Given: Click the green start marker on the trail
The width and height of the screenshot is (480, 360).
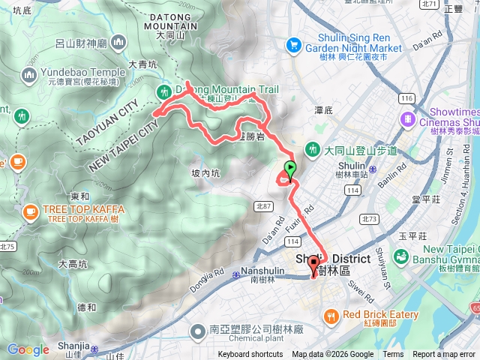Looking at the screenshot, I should (290, 169).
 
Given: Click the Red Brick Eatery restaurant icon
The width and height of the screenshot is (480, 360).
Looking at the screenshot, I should (331, 316).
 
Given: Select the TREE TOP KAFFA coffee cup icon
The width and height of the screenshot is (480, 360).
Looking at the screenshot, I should (31, 212).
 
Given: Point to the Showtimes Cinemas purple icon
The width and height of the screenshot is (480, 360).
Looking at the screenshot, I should (406, 118).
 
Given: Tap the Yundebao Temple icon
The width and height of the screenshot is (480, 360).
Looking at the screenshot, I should (30, 74).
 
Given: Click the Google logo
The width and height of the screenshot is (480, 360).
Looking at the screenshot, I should (28, 349).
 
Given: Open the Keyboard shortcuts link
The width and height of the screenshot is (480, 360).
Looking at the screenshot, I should (250, 355).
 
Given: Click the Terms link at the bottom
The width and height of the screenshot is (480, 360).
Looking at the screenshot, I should (393, 355).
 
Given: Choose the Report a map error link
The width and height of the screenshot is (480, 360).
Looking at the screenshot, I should (444, 355).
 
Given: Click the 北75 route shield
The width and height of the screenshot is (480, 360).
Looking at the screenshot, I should (7, 246).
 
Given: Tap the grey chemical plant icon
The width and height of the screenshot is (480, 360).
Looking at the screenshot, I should (197, 331).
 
